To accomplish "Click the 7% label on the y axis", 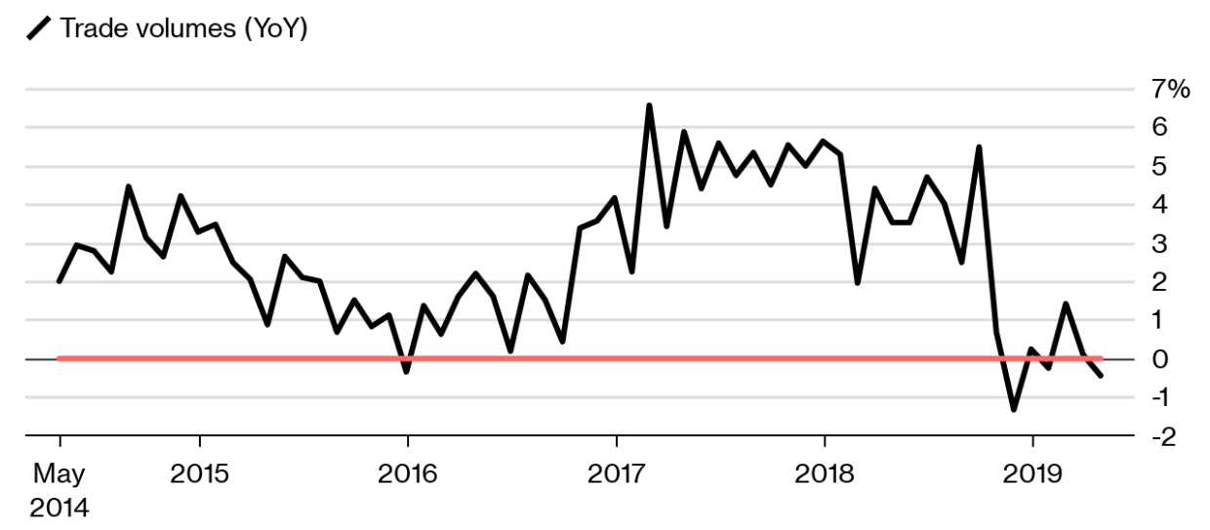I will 1171,90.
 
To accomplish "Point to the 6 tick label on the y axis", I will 1160,128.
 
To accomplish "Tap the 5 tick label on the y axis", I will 1160,167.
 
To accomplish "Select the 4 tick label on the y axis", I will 1160,205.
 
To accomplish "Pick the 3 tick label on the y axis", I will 1160,244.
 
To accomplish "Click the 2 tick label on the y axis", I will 1160,282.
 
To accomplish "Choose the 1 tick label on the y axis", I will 1160,320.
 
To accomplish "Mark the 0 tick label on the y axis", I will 1160,359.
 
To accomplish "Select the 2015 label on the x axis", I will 199,475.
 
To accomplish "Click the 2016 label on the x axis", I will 408,475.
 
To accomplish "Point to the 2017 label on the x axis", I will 616,475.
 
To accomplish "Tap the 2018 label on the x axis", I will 824,475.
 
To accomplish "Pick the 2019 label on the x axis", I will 1032,475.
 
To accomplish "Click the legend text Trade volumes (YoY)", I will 183,29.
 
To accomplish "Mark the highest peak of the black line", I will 649,105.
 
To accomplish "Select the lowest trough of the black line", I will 1014,409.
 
